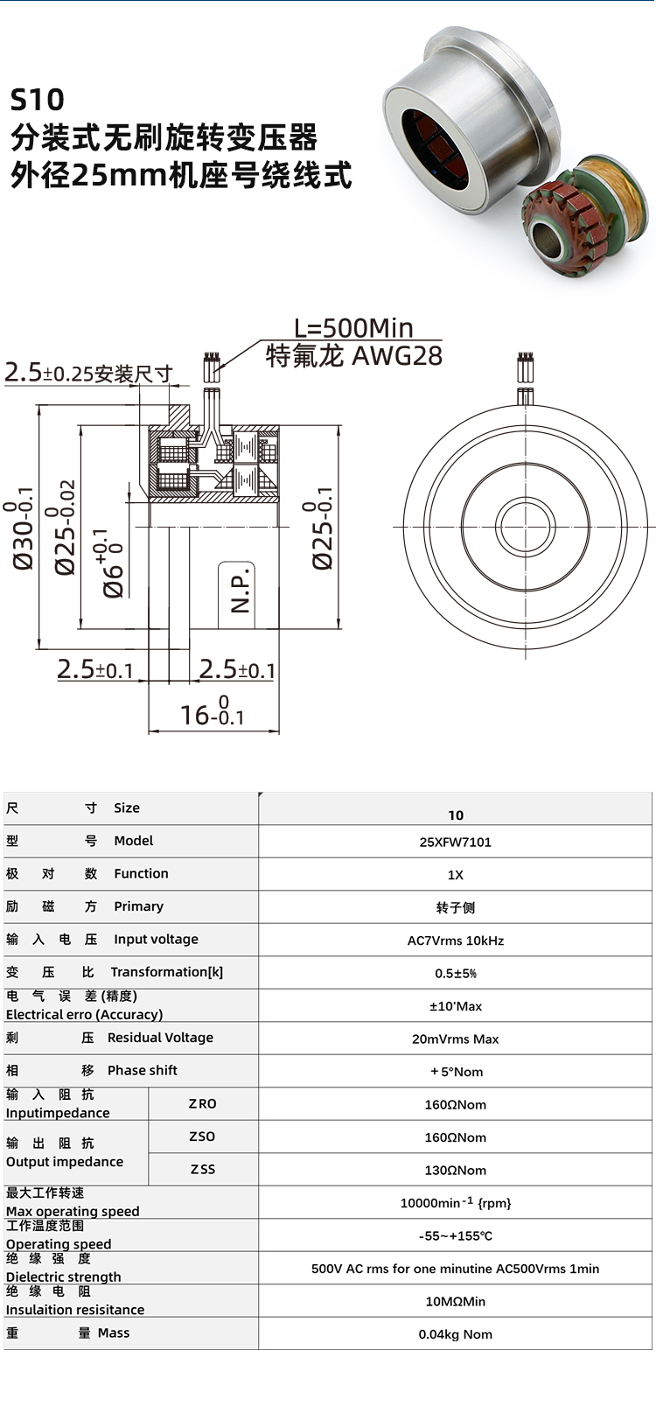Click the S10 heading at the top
(x=37, y=100)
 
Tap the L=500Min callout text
(x=353, y=328)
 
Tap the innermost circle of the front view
(x=525, y=527)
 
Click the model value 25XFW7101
(x=455, y=842)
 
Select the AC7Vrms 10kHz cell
(x=455, y=941)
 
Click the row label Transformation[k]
(x=166, y=972)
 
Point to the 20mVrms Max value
(x=455, y=1039)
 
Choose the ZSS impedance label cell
(x=203, y=1169)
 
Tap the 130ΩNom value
(x=455, y=1170)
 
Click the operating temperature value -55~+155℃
(x=455, y=1235)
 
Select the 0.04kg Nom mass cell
(x=455, y=1334)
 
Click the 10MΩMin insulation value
(x=455, y=1301)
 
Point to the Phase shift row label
(x=142, y=1070)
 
